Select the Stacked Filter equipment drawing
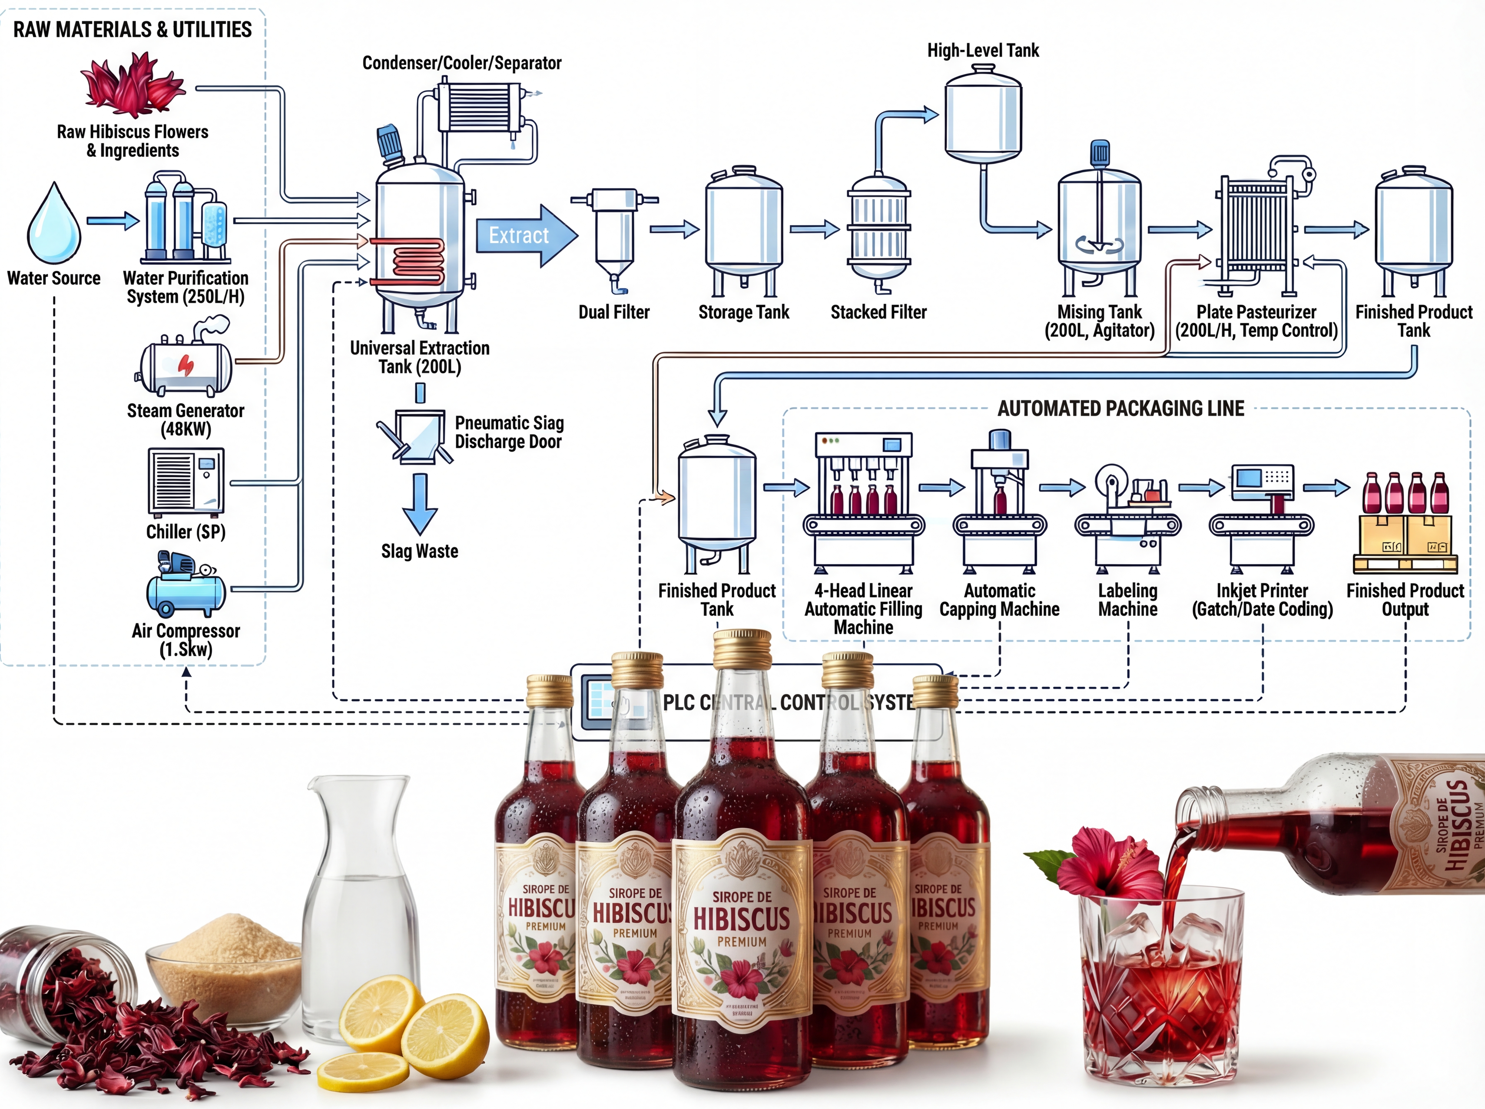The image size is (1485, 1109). tap(879, 231)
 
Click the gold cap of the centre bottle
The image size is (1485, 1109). tap(742, 648)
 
